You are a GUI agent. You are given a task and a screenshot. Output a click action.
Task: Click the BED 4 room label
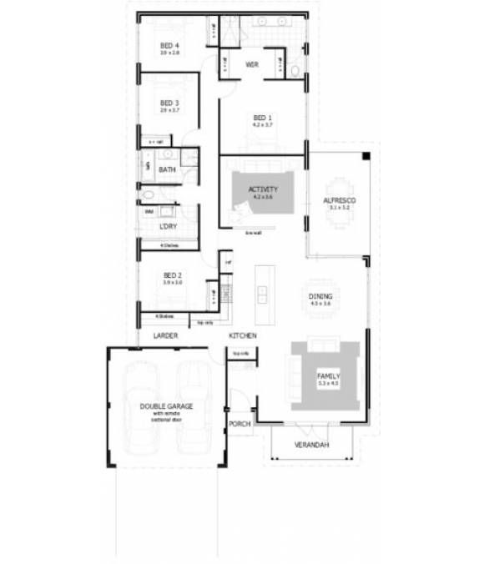(x=170, y=45)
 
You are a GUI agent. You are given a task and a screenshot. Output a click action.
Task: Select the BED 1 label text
(x=263, y=118)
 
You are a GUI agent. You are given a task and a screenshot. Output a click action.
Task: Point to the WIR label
(x=250, y=64)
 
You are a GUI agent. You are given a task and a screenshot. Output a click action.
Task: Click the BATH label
(x=167, y=170)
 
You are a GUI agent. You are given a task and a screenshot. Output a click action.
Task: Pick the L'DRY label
(x=167, y=227)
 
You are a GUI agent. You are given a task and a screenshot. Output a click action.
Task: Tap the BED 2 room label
(x=173, y=276)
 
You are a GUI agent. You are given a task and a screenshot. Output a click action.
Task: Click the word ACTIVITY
(x=262, y=190)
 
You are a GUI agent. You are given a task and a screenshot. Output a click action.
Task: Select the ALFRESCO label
(x=340, y=202)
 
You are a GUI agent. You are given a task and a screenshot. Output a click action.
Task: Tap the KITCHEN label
(x=243, y=335)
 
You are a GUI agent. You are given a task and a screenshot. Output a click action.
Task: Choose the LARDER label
(x=166, y=335)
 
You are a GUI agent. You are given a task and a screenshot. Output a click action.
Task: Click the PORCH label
(x=239, y=424)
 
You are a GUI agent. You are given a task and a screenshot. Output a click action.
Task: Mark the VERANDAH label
(x=312, y=446)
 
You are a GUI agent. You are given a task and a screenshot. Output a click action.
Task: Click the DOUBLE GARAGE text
(x=166, y=405)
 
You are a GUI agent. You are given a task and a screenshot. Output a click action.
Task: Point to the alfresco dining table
(x=340, y=200)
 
